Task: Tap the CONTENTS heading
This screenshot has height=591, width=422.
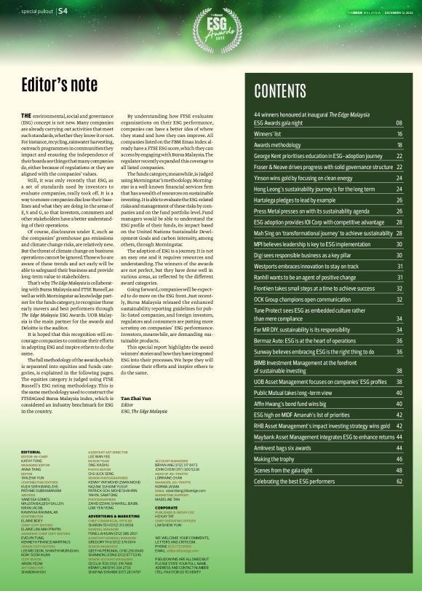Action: pos(289,90)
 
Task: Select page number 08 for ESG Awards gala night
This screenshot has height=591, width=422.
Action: pos(399,124)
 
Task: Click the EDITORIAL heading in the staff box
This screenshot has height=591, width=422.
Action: pos(31,452)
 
